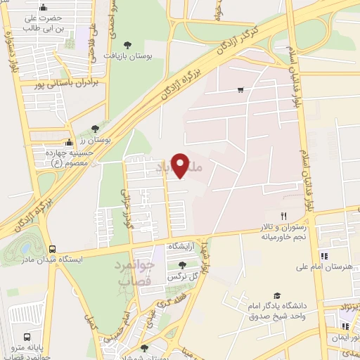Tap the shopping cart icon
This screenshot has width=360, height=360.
(x=241, y=89)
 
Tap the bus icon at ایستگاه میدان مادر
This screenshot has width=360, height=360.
(x=53, y=249)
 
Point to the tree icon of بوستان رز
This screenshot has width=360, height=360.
(x=94, y=129)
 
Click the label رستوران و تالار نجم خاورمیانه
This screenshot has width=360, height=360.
(x=285, y=233)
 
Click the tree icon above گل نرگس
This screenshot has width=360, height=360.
(x=183, y=265)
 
